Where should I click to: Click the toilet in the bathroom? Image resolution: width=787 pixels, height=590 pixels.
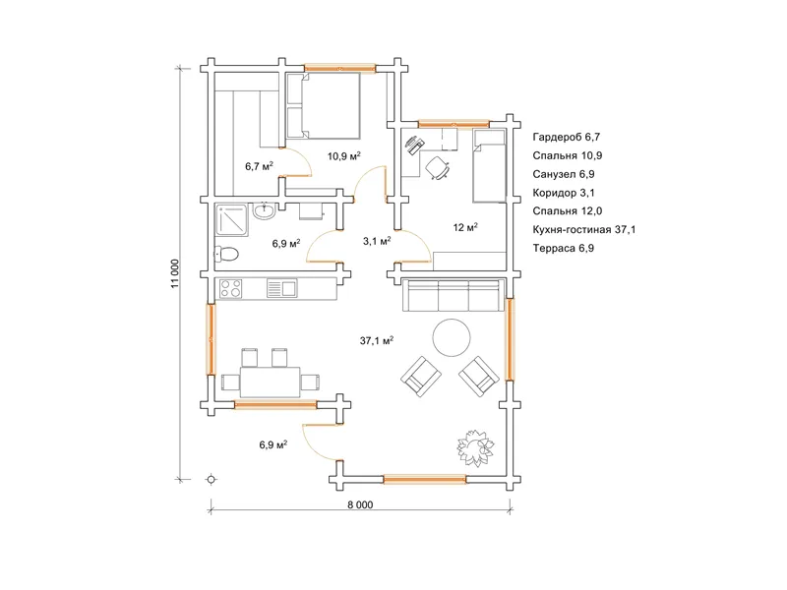[226, 254]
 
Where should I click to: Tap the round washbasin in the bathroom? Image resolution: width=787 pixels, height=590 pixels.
[264, 210]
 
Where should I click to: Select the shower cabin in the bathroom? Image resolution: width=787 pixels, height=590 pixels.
[231, 219]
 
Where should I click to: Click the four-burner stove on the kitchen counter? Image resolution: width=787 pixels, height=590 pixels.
[231, 288]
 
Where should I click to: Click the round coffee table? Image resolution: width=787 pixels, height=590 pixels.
[452, 337]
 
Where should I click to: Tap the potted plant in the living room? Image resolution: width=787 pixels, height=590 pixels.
[475, 447]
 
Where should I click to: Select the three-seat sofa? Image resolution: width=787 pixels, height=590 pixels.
[454, 296]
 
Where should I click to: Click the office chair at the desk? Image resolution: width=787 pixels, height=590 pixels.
[437, 167]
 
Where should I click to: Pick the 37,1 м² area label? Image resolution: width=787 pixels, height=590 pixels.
[377, 340]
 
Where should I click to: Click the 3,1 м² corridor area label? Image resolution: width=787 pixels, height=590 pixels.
[377, 241]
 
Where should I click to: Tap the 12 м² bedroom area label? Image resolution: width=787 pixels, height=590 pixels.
[465, 227]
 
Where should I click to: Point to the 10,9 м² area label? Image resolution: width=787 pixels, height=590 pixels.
[344, 156]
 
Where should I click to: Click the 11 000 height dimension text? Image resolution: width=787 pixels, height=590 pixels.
[175, 273]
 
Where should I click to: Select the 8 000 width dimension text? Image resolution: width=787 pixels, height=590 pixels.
[360, 504]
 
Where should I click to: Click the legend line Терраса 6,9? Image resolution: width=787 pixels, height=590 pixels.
[563, 248]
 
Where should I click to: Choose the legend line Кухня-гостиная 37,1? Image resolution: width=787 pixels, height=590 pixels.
[584, 229]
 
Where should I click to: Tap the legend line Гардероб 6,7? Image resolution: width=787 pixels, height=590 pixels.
[567, 137]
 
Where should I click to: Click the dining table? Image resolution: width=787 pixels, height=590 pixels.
[270, 383]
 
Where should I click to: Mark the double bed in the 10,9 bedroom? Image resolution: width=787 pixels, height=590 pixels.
[324, 106]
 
